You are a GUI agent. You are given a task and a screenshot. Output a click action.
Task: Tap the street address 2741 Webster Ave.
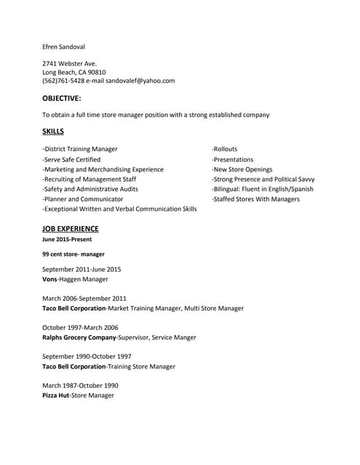[x=70, y=63]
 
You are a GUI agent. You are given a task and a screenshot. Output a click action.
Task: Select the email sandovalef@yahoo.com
[x=141, y=81]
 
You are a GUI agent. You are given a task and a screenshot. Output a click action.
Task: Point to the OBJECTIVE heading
[x=62, y=97]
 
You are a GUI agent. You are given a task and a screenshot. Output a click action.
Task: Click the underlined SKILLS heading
[x=53, y=132]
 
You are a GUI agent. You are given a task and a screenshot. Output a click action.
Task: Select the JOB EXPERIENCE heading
[x=71, y=228]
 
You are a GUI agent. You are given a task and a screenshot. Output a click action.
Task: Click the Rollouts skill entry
[x=225, y=149]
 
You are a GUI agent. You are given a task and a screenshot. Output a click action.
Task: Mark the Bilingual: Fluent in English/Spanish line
[x=263, y=189]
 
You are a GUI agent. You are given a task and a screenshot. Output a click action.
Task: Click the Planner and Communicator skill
[x=83, y=198]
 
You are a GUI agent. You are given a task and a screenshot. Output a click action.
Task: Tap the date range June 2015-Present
[x=67, y=239]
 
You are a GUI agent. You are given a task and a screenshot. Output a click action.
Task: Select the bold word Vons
[x=50, y=279]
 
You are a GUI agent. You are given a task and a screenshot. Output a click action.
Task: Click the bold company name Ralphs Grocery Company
[x=79, y=337]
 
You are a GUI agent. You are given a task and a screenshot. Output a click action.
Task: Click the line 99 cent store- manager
[x=73, y=254]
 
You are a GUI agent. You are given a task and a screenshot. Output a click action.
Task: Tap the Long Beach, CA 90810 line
[x=74, y=72]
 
